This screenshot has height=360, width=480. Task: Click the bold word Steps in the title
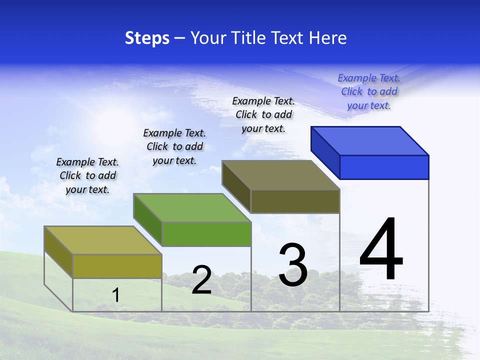147,38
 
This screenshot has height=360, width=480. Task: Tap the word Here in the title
328,38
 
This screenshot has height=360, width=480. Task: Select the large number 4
381,249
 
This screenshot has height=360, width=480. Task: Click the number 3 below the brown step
293,265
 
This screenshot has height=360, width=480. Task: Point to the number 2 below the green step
201,280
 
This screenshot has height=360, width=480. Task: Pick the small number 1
116,295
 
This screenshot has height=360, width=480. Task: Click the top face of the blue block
370,141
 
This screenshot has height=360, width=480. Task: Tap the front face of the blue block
384,167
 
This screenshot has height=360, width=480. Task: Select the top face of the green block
192,207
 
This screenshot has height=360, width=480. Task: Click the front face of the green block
206,234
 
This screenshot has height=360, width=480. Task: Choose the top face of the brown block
281,175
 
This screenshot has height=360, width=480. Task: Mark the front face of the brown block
295,201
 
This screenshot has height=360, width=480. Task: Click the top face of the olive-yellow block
103,240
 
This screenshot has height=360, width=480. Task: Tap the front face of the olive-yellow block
117,266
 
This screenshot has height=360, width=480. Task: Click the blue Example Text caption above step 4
369,91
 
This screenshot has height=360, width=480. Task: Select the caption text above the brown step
263,114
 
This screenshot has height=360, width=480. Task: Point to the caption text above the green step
174,146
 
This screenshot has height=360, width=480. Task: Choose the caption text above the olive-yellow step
87,175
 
